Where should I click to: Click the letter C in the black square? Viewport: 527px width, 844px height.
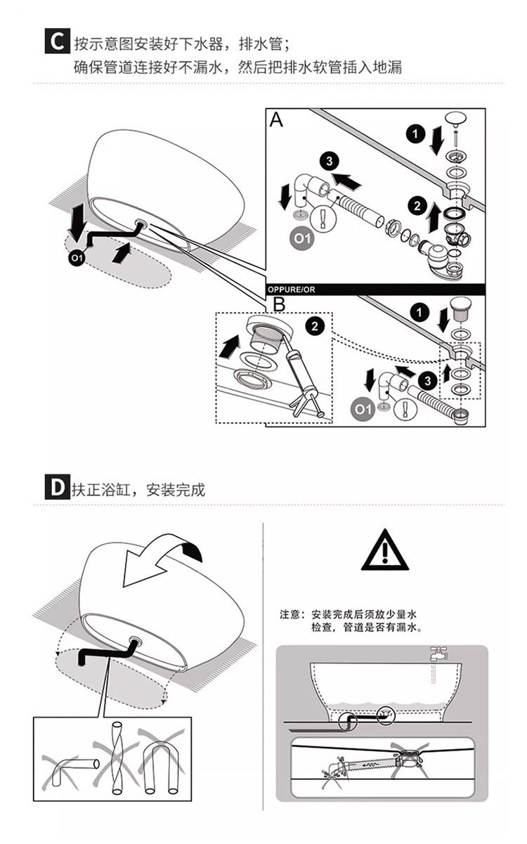(x=57, y=41)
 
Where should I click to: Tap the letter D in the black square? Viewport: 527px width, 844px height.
(x=57, y=488)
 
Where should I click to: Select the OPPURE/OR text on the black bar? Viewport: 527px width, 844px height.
(x=291, y=290)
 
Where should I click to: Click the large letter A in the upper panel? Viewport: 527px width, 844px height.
(x=276, y=120)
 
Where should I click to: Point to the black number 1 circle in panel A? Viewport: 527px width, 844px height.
(x=415, y=134)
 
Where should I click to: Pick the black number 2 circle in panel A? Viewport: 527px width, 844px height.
(x=417, y=206)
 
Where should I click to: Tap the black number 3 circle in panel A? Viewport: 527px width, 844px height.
(x=330, y=161)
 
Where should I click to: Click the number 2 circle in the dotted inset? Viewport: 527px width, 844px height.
(x=315, y=326)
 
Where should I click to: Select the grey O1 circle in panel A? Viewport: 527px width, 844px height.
(x=302, y=238)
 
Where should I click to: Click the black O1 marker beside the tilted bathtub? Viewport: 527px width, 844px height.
(x=77, y=258)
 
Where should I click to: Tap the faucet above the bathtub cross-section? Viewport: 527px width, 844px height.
(x=439, y=653)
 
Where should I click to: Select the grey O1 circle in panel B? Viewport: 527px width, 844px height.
(x=363, y=410)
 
